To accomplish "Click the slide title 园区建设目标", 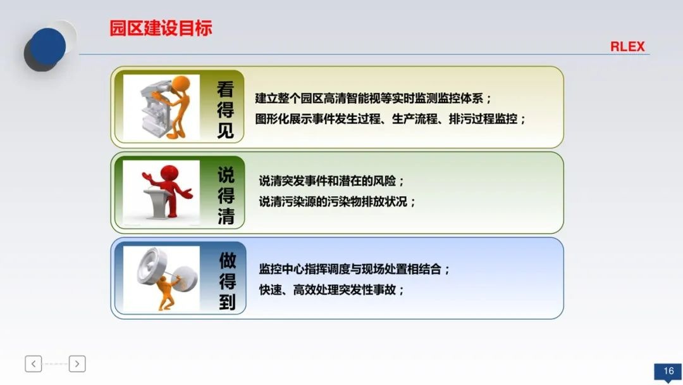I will click(x=161, y=28).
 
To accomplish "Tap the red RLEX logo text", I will click(x=627, y=47).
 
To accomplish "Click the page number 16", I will click(x=668, y=371).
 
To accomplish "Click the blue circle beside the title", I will click(x=48, y=46).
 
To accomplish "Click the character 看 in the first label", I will click(x=226, y=89).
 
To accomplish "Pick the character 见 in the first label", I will click(x=226, y=130).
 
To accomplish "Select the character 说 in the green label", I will click(x=226, y=174).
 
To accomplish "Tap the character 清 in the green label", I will click(x=226, y=217).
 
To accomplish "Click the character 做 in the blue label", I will click(x=227, y=260).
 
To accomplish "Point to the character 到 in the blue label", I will click(x=227, y=302).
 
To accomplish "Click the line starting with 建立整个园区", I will click(x=373, y=99).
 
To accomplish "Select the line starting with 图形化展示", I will click(x=390, y=118).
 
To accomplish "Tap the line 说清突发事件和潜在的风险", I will click(x=331, y=181).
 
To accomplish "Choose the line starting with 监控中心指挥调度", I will click(x=354, y=268).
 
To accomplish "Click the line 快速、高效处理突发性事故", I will click(x=331, y=289).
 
